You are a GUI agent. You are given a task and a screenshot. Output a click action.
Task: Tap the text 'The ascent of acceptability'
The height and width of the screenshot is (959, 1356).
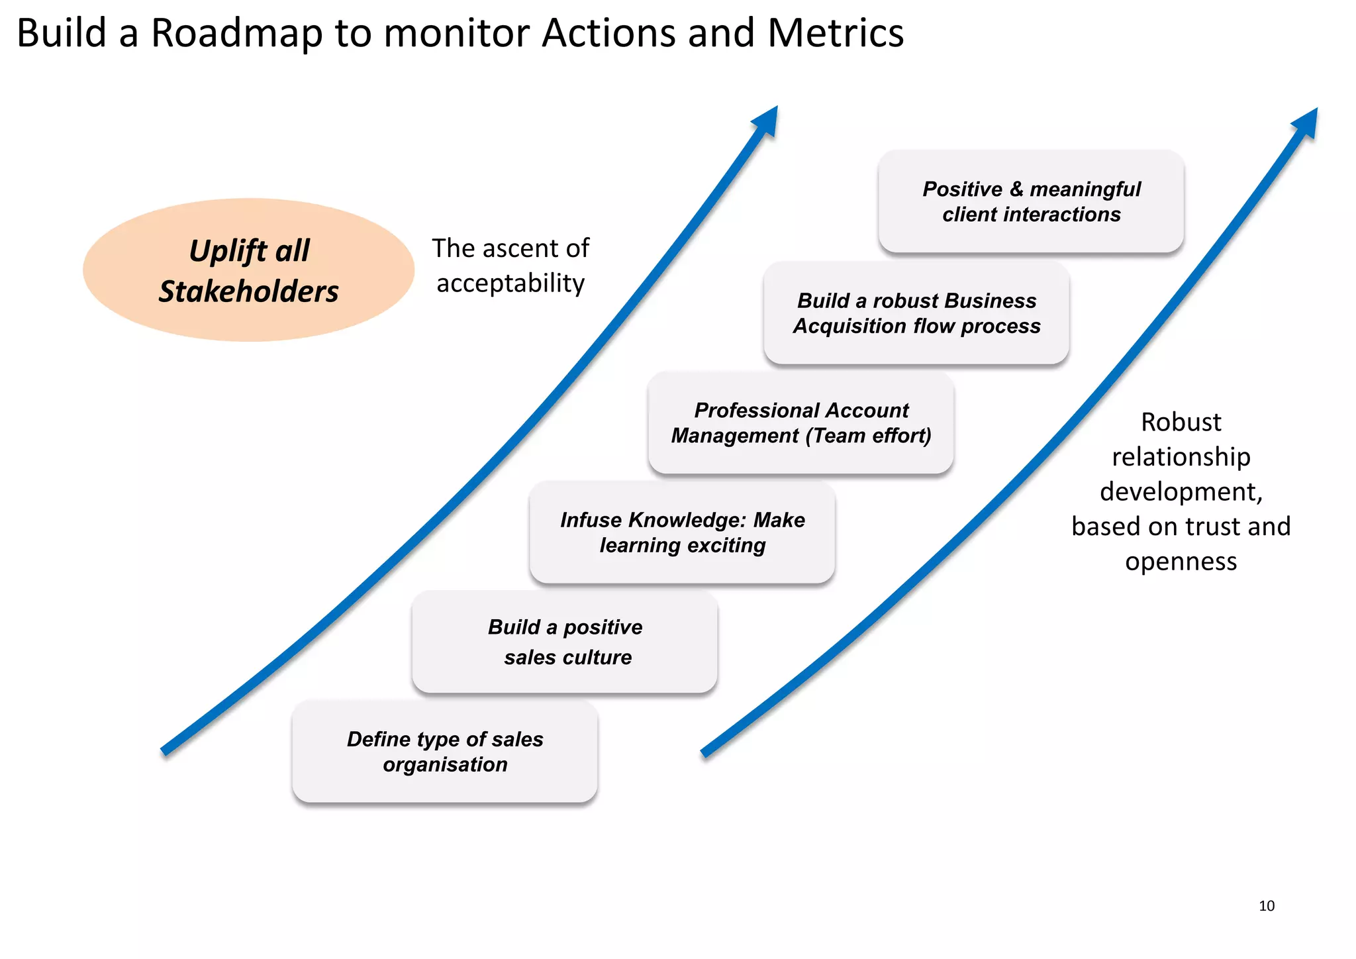(x=510, y=266)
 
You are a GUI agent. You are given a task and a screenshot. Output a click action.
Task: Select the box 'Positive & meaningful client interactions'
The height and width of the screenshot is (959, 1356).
(x=1031, y=201)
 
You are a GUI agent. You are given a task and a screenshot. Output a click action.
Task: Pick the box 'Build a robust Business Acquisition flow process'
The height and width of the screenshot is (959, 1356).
(x=916, y=313)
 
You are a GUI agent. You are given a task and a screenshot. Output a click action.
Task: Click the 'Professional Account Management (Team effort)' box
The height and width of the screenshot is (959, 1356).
(x=801, y=423)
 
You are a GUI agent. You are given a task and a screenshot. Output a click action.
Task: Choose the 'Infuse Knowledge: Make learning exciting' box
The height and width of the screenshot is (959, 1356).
(x=682, y=532)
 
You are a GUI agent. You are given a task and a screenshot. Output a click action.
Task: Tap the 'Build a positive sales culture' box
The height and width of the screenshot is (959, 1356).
(x=565, y=642)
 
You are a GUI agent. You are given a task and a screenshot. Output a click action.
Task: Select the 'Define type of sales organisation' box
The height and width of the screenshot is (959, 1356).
(x=445, y=752)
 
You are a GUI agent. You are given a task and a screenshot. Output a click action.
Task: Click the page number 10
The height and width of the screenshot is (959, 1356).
(x=1266, y=906)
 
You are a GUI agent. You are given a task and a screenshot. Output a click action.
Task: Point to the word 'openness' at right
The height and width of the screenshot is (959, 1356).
(x=1181, y=562)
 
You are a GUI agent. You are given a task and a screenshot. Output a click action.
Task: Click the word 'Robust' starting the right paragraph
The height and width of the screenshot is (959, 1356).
(x=1181, y=422)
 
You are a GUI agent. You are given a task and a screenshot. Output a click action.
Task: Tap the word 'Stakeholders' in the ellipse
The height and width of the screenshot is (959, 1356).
(x=249, y=291)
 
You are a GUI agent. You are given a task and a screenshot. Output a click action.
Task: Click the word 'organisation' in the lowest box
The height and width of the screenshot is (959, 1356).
(x=445, y=764)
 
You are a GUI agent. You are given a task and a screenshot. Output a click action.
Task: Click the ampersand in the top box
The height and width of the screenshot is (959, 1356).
(x=1016, y=189)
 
